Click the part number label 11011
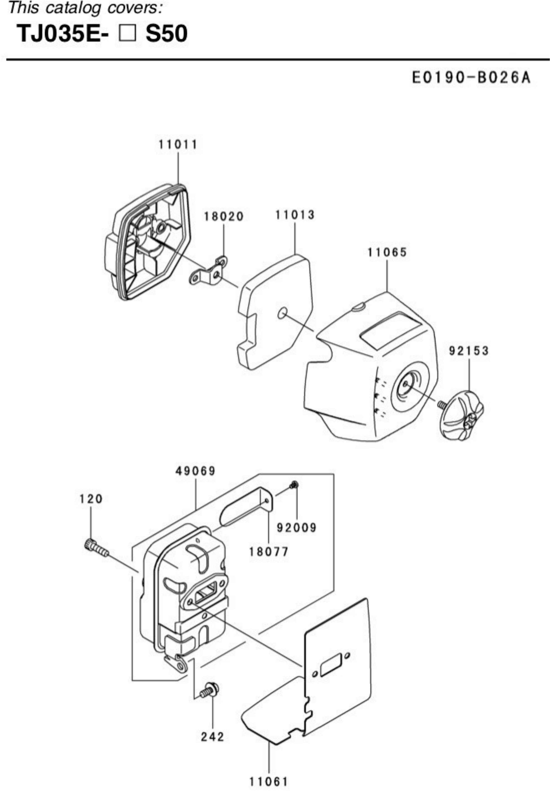point(178,144)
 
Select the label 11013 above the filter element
point(295,215)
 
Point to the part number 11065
point(387,253)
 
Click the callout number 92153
point(469,351)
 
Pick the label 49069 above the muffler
point(195,471)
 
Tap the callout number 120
point(91,499)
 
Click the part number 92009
point(297,528)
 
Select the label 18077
point(269,552)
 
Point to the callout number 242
point(213,737)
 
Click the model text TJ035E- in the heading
point(63,34)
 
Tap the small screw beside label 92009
point(294,485)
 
